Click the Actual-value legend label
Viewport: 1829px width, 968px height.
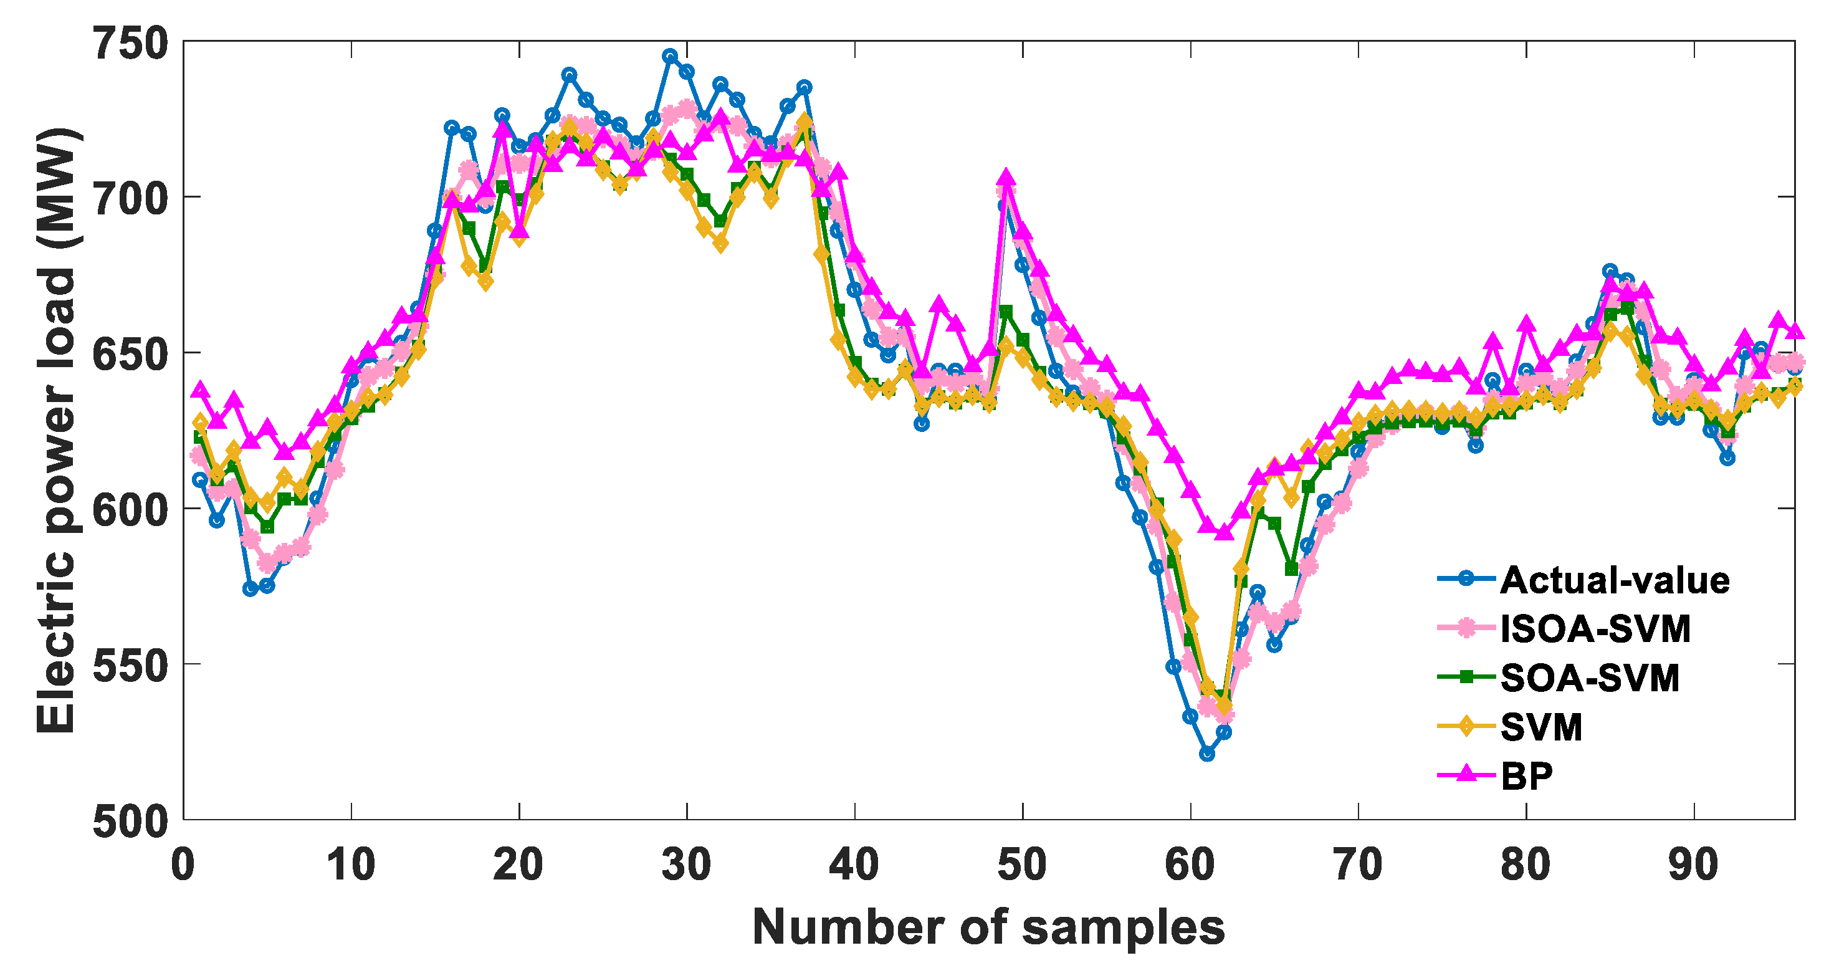pyautogui.click(x=1615, y=581)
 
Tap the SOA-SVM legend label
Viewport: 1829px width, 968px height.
pyautogui.click(x=1590, y=678)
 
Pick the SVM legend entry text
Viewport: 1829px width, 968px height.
pyautogui.click(x=1542, y=727)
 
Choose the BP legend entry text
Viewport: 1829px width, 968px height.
pyautogui.click(x=1527, y=775)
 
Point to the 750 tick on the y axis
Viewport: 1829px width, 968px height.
pyautogui.click(x=131, y=42)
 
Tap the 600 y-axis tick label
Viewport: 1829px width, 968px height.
pyautogui.click(x=131, y=510)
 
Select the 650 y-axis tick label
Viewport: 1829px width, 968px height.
pyautogui.click(x=131, y=353)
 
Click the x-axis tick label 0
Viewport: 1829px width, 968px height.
pyautogui.click(x=183, y=866)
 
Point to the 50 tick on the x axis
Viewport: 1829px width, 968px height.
pyautogui.click(x=1023, y=866)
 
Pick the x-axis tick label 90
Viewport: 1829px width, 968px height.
pyautogui.click(x=1694, y=866)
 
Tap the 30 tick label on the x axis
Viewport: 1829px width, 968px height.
pyautogui.click(x=687, y=866)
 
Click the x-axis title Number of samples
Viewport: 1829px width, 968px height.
pyautogui.click(x=988, y=927)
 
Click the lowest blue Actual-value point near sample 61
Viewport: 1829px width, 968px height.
pyautogui.click(x=1207, y=754)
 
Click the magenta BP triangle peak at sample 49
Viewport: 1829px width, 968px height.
pyautogui.click(x=1005, y=178)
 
